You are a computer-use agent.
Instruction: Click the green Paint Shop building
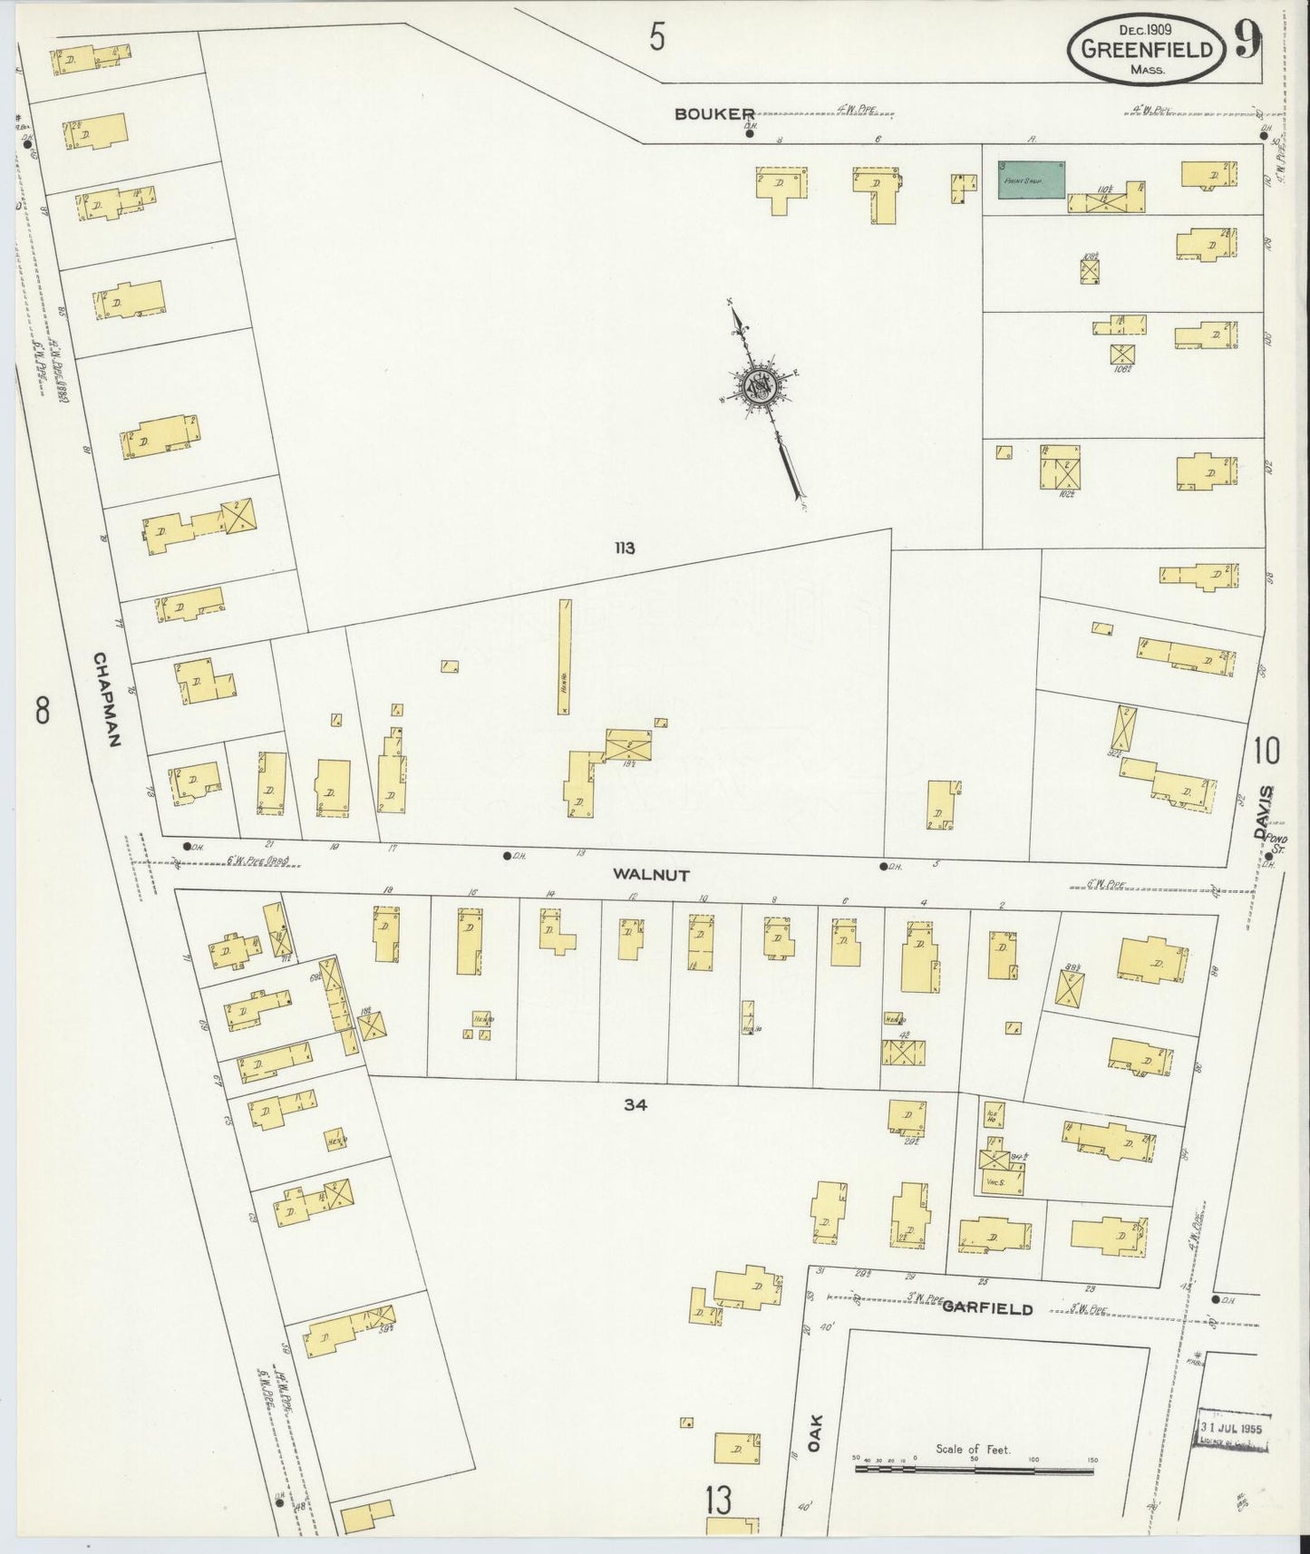(x=1031, y=179)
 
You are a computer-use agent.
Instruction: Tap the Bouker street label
(x=714, y=113)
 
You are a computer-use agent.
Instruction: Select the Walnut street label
(x=651, y=875)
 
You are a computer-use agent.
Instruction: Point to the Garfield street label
(x=987, y=1308)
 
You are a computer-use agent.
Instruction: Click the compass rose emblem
(x=758, y=387)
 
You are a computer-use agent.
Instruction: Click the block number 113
(x=623, y=548)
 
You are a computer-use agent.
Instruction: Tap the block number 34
(x=635, y=1104)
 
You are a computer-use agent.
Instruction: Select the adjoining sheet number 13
(x=718, y=1501)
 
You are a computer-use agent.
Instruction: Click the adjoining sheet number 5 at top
(x=657, y=38)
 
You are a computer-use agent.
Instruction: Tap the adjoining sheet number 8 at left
(x=42, y=710)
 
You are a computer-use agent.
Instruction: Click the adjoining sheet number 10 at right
(x=1266, y=751)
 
